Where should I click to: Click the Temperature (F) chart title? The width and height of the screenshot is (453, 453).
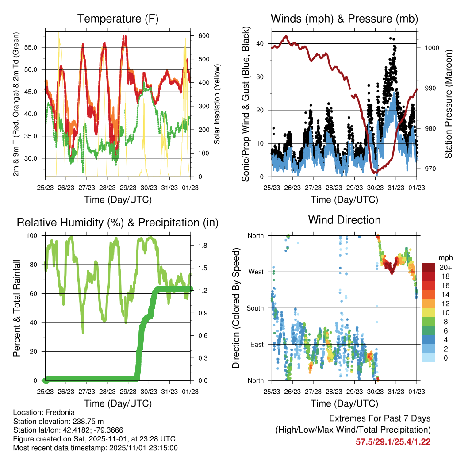point(118,19)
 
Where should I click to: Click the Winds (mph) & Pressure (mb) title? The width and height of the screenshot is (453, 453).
point(344,19)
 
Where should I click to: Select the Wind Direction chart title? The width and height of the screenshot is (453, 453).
point(344,220)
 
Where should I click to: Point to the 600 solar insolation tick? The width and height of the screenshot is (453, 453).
point(198,36)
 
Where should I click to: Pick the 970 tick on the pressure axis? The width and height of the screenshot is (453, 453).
point(427,169)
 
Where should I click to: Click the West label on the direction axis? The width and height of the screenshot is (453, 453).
point(255,272)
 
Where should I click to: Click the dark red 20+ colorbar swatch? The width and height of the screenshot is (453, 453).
point(428,267)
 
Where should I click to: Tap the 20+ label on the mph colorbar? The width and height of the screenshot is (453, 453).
point(444,267)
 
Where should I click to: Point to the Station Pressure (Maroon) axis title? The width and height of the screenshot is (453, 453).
point(448,104)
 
